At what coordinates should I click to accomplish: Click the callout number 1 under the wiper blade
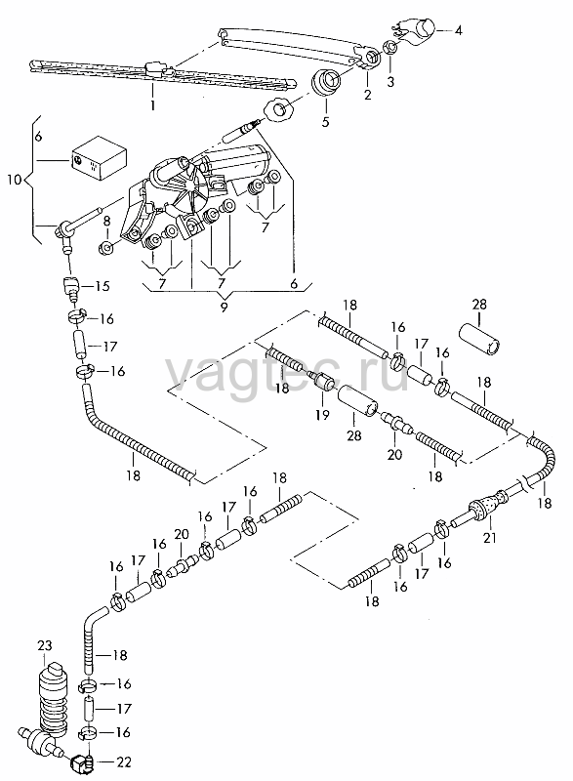(x=153, y=105)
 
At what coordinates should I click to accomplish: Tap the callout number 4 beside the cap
(x=459, y=30)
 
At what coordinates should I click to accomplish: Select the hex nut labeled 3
(x=390, y=48)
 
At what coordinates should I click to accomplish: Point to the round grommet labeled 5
(x=326, y=82)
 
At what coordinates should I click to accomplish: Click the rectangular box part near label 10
(x=98, y=157)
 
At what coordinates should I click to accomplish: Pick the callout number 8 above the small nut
(x=106, y=222)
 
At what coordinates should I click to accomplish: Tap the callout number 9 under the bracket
(x=224, y=307)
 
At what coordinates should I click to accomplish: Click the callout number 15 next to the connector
(x=102, y=286)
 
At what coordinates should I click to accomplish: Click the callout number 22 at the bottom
(x=123, y=762)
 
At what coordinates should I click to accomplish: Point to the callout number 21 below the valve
(x=490, y=538)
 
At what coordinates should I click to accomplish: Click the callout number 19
(x=322, y=414)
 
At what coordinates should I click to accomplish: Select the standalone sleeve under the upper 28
(x=479, y=340)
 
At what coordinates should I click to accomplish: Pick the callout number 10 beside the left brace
(x=15, y=180)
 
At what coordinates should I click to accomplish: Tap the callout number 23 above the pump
(x=44, y=646)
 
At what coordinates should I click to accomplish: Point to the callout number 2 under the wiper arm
(x=368, y=94)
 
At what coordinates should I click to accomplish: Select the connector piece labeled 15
(x=71, y=287)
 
